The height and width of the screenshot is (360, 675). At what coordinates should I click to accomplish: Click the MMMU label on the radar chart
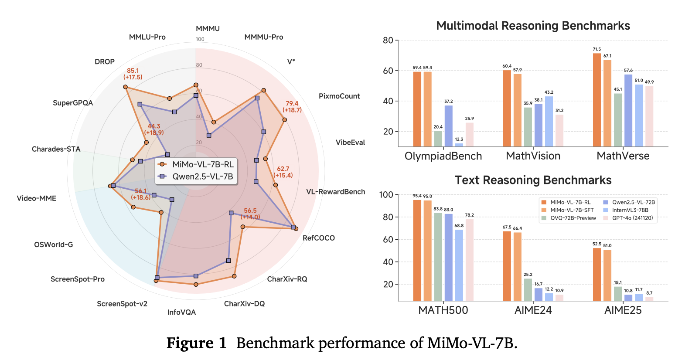[x=208, y=29]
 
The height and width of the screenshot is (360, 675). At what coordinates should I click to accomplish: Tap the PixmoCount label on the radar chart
[x=339, y=96]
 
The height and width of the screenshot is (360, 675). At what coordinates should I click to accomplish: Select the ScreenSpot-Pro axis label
[x=78, y=279]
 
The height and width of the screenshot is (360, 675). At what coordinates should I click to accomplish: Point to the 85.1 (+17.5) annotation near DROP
[x=133, y=74]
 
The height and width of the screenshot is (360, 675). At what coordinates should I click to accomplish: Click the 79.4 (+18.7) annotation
[x=292, y=107]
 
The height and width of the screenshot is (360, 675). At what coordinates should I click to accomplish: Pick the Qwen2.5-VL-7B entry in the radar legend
[x=196, y=177]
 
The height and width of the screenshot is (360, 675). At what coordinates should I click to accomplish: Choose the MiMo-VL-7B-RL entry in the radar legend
[x=196, y=164]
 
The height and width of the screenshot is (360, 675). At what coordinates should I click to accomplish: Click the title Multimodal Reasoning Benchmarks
[x=533, y=26]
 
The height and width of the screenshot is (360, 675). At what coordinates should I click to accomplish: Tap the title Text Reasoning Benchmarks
[x=533, y=180]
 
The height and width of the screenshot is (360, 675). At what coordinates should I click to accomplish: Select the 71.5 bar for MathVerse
[x=597, y=100]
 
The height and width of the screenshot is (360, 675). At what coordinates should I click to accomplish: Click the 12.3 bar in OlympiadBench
[x=459, y=145]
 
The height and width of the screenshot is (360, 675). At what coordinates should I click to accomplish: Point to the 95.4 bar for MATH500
[x=417, y=250]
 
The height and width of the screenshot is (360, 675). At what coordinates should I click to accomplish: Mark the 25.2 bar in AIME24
[x=528, y=289]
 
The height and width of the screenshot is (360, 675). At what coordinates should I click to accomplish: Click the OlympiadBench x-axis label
[x=443, y=156]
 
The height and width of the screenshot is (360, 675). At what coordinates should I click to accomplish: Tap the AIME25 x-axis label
[x=623, y=310]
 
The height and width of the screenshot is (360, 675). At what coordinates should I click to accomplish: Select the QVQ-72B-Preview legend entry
[x=569, y=218]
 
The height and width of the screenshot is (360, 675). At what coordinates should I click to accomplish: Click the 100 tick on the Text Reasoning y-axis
[x=386, y=195]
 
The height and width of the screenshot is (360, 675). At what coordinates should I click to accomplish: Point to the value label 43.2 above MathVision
[x=549, y=92]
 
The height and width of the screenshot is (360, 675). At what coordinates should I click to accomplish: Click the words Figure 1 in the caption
[x=197, y=343]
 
